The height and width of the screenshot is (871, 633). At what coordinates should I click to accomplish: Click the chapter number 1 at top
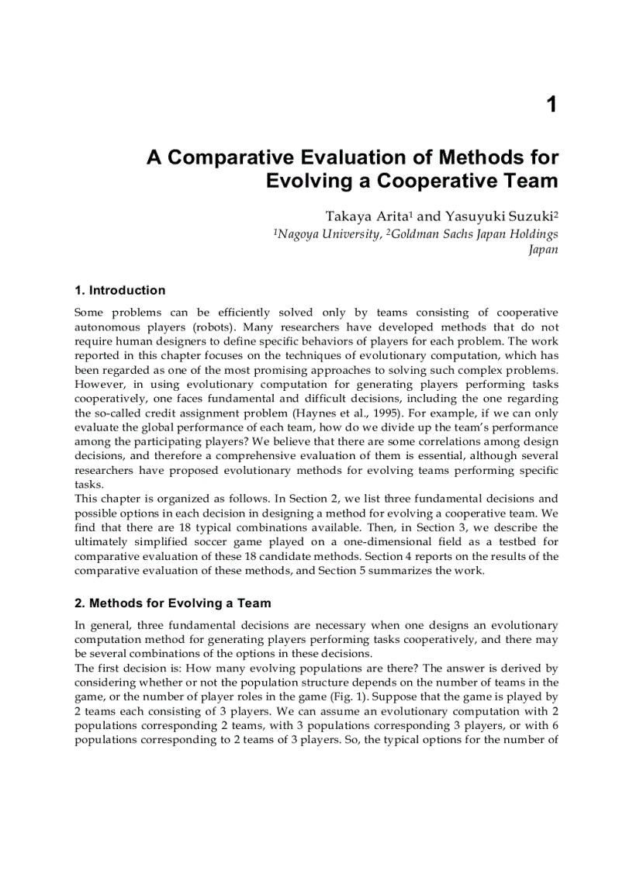tap(552, 105)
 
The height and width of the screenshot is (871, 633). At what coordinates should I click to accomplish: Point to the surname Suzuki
tap(527, 216)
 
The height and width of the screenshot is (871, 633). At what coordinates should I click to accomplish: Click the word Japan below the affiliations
tap(543, 250)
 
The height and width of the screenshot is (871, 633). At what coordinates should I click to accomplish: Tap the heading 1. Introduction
tap(119, 290)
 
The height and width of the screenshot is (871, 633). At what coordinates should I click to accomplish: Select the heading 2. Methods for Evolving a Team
tap(172, 603)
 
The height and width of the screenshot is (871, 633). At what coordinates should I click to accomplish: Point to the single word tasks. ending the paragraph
tap(88, 485)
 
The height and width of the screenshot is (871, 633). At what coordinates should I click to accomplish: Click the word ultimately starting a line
tap(100, 541)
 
